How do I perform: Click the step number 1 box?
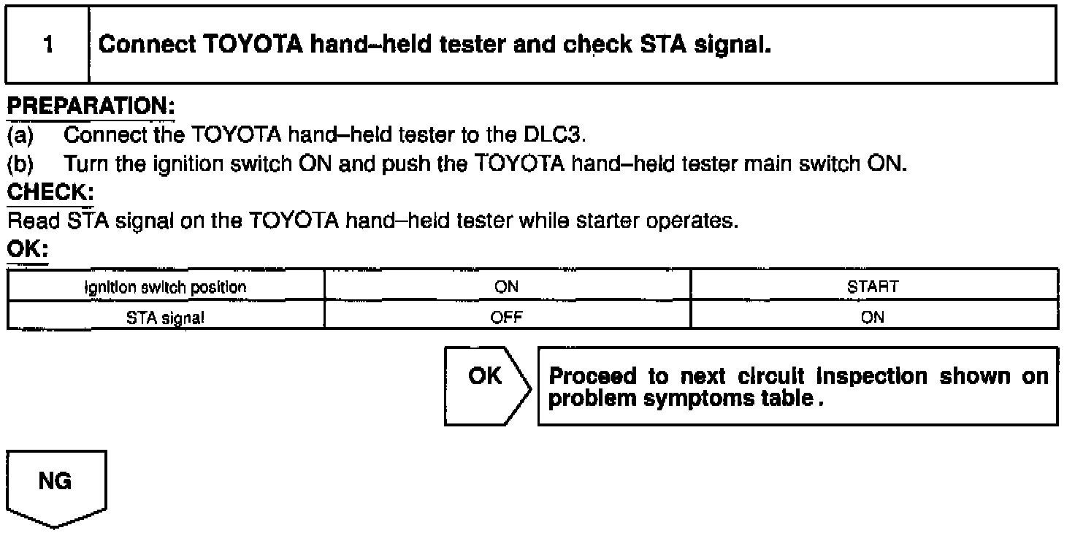(48, 45)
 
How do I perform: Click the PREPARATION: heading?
(91, 107)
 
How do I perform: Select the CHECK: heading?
(50, 193)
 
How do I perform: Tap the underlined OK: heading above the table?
(27, 250)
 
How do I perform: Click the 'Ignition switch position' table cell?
(166, 287)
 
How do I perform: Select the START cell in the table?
(873, 287)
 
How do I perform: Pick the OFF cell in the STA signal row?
(507, 317)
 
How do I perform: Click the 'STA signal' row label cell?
(166, 317)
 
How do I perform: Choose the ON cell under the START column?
(873, 317)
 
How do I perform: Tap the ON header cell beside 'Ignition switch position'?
(507, 287)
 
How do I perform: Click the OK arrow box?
(486, 386)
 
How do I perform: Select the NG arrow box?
(56, 486)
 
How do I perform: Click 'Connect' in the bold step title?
(146, 45)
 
